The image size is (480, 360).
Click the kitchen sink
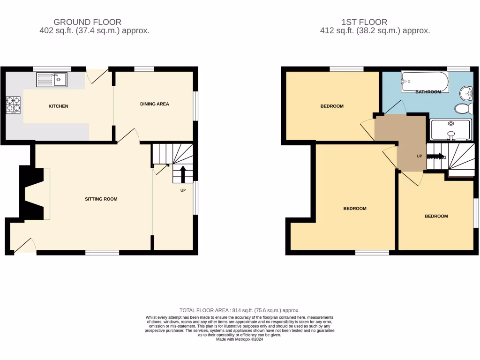52,80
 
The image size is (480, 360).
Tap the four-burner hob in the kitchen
13,105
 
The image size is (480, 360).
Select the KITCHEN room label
59,106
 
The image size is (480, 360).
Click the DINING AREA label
154,104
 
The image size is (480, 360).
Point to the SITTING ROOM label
101,199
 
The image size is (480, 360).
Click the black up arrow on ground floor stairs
183,173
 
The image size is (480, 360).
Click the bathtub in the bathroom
424,82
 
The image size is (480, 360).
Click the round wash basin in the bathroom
466,93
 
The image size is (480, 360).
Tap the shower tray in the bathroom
450,130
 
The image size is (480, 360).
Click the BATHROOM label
428,92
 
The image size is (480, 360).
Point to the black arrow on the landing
435,157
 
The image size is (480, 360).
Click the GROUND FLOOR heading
88,22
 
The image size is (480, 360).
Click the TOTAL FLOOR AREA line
240,310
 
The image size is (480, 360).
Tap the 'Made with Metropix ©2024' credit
240,339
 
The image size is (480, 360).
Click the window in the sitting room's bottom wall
102,253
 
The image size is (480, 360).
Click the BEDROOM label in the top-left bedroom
332,106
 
